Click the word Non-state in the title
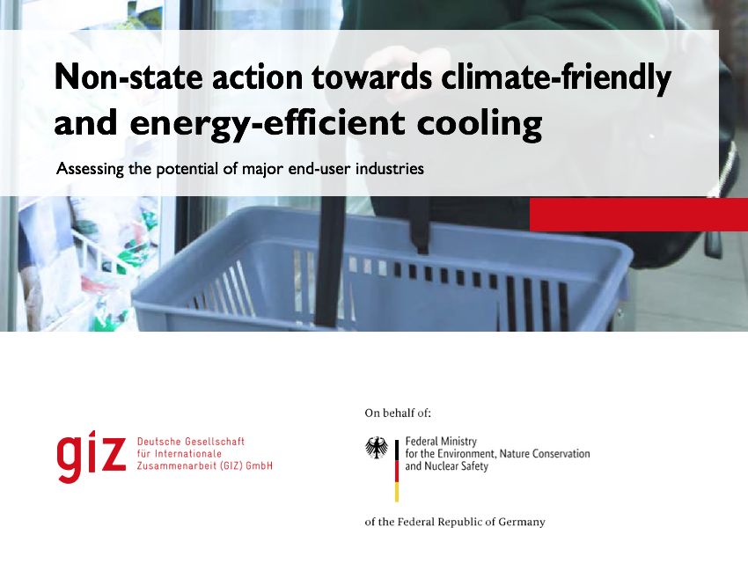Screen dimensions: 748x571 tap(128, 77)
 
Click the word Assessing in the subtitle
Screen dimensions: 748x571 tap(90, 169)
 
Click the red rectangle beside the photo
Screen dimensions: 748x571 tap(639, 215)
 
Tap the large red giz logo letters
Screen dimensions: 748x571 tap(92, 457)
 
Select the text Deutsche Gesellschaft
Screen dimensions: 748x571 tap(190, 442)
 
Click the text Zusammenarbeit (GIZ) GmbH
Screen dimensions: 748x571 tap(205, 465)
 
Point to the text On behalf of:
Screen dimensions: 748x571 tap(398, 414)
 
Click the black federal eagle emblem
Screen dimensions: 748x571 tap(377, 448)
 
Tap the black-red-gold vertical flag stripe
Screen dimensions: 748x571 tap(396, 471)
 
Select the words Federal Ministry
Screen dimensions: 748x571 tap(441, 442)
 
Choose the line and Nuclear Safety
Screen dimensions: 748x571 tap(446, 466)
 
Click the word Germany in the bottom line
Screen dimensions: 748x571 tap(522, 522)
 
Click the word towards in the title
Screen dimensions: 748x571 tap(372, 77)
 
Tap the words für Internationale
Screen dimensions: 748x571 tap(180, 454)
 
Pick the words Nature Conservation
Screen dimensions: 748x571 tap(545, 454)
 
